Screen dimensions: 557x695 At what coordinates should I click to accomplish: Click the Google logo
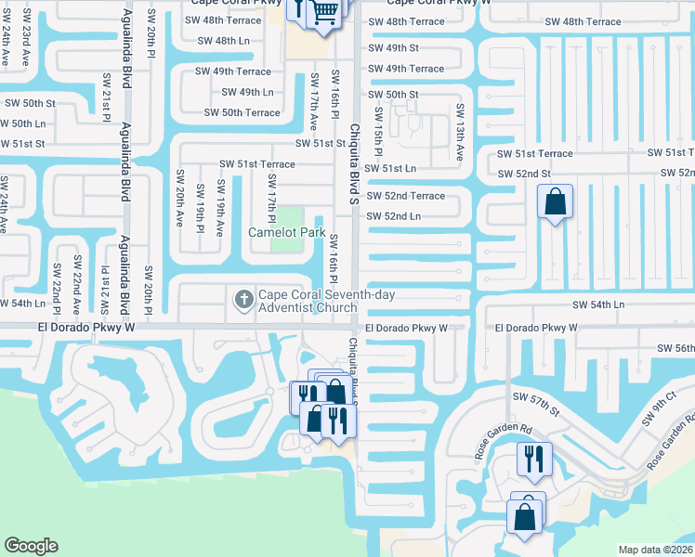31,546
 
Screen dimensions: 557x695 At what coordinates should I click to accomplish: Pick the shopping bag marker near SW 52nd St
555,201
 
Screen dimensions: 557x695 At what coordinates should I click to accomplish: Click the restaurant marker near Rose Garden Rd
534,458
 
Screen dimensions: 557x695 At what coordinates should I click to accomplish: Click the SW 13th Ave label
459,132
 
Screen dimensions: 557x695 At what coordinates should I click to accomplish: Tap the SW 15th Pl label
379,131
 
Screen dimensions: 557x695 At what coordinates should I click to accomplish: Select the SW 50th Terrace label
242,112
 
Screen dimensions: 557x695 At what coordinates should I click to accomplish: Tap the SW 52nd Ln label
394,216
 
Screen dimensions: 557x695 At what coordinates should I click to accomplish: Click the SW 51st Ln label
390,169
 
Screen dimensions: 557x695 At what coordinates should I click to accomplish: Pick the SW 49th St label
394,47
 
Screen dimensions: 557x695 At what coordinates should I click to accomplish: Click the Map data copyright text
655,550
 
